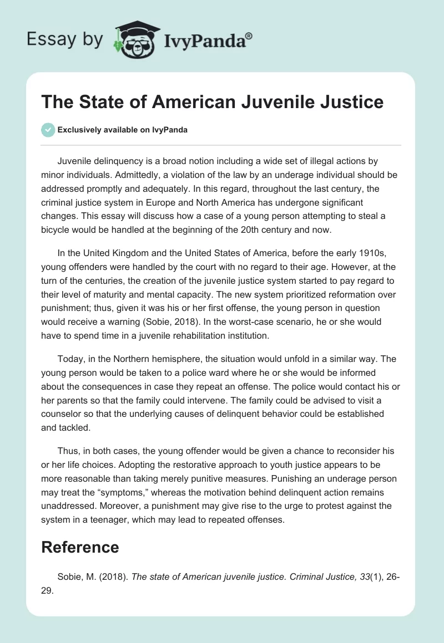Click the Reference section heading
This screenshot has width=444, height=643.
[80, 547]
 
